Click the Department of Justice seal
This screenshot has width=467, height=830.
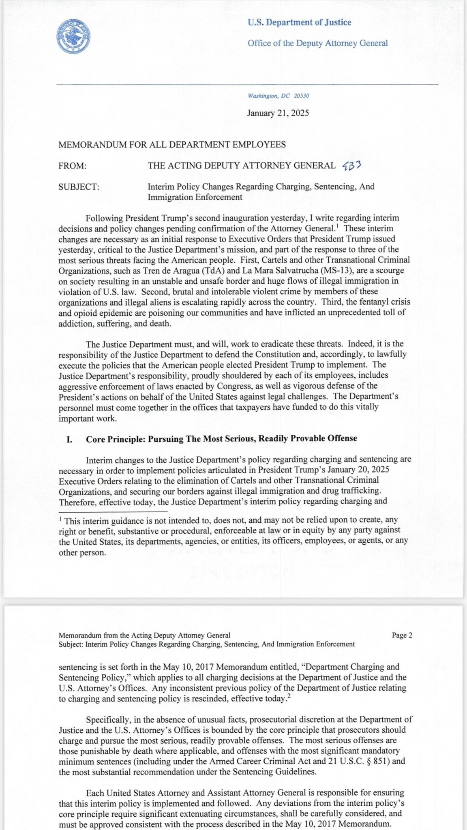(x=73, y=36)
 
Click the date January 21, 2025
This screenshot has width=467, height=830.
(x=278, y=113)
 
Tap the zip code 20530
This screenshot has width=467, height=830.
(x=301, y=96)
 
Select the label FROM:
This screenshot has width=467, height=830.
(x=73, y=166)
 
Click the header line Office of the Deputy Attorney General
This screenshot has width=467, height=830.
(x=317, y=43)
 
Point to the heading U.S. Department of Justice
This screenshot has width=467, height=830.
(x=299, y=22)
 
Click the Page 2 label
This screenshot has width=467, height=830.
(x=402, y=635)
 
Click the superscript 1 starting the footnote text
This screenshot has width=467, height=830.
(x=60, y=519)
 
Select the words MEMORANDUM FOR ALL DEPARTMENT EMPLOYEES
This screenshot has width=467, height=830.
(x=172, y=145)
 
